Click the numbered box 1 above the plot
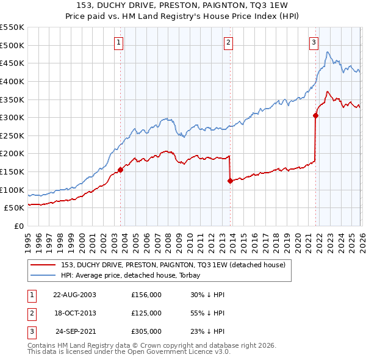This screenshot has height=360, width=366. point(118,43)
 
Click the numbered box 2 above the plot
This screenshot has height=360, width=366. point(228,43)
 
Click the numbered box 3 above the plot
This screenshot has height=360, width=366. point(313,43)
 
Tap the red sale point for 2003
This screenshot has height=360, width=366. point(120,170)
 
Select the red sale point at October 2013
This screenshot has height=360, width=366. point(230,181)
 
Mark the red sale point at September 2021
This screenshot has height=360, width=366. point(315,115)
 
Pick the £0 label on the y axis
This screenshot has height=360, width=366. point(20,226)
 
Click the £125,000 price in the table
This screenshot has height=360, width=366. point(146,313)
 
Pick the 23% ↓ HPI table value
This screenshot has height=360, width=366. point(207,331)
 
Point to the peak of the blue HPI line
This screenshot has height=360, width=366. point(328,52)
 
